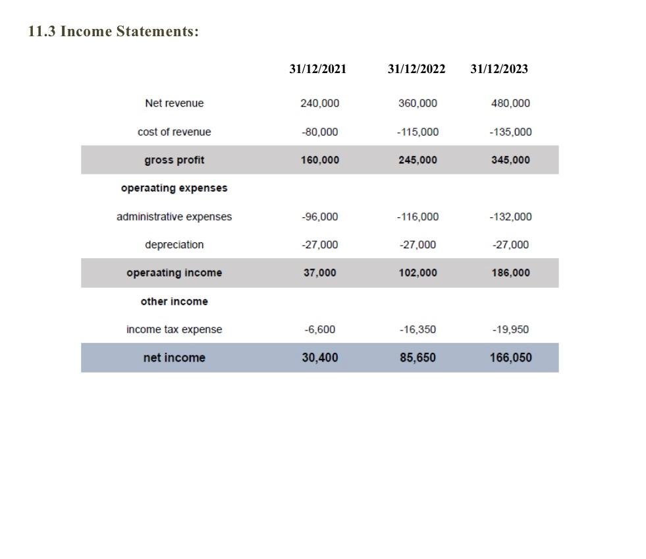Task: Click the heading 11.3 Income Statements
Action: click(x=113, y=32)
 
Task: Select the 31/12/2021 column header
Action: click(x=317, y=69)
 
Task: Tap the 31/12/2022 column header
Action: click(x=416, y=69)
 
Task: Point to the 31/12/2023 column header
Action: click(x=499, y=69)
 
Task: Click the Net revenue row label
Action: click(x=174, y=103)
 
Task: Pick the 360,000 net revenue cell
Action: click(x=417, y=103)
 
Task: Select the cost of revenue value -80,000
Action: click(x=319, y=132)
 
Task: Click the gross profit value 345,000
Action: click(x=510, y=160)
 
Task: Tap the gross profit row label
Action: click(x=174, y=160)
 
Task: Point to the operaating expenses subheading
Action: click(x=174, y=188)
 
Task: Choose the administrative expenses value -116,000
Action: click(x=417, y=217)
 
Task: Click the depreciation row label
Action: click(x=174, y=245)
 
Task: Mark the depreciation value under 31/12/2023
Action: click(x=510, y=245)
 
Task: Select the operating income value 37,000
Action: click(x=319, y=273)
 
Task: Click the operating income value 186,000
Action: click(x=510, y=273)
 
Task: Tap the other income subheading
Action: click(x=174, y=302)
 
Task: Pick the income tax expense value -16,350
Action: click(x=417, y=329)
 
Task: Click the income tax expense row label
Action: click(x=174, y=329)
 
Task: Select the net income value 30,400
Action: click(x=319, y=358)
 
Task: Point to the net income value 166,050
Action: click(x=510, y=358)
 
